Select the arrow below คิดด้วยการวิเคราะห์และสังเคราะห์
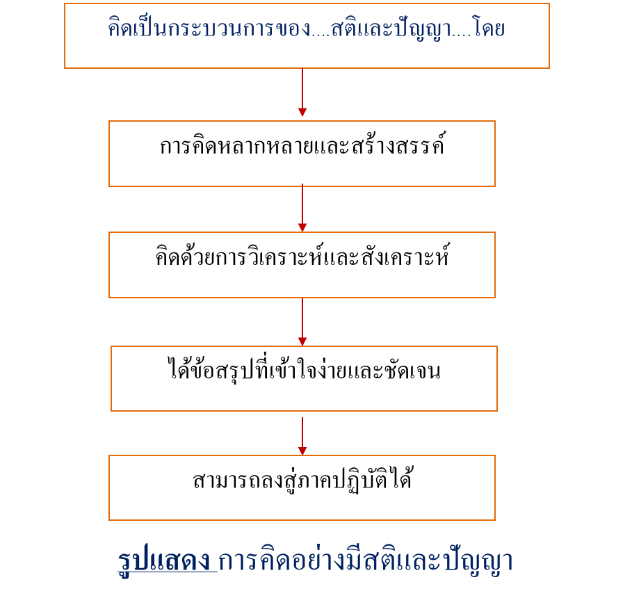pyautogui.click(x=302, y=322)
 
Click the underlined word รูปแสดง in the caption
pyautogui.click(x=167, y=562)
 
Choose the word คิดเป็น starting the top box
pyautogui.click(x=132, y=30)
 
